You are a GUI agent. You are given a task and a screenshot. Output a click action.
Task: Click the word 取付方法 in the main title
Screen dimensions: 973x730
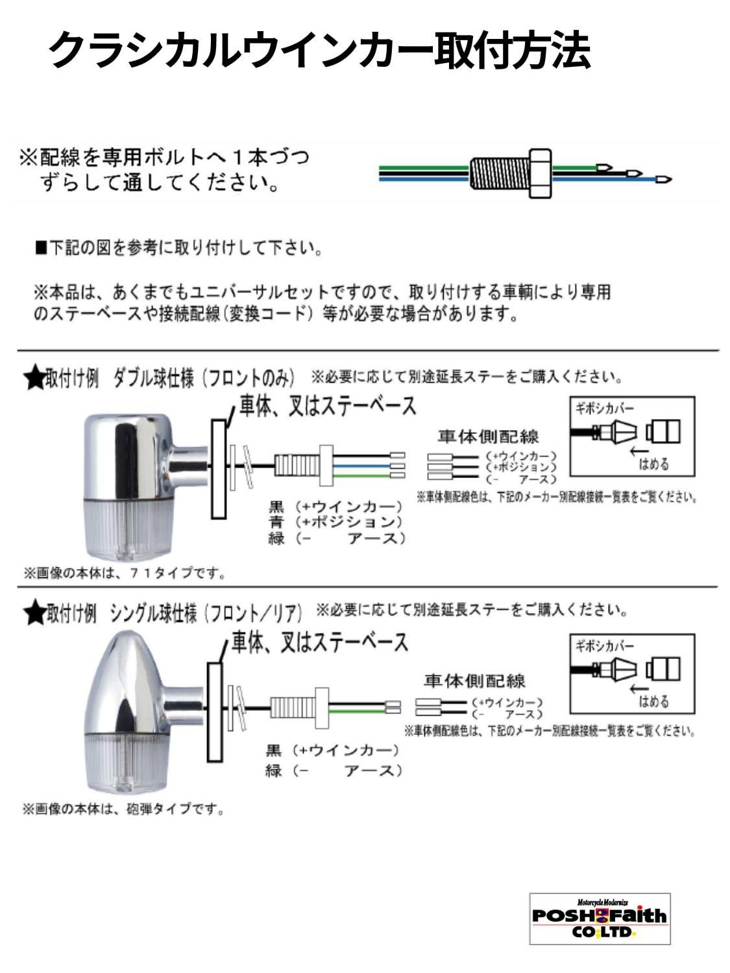(511, 51)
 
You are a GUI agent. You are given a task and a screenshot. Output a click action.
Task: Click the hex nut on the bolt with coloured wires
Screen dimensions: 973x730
(541, 173)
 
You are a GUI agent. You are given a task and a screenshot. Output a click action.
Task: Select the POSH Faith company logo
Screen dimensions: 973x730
(599, 918)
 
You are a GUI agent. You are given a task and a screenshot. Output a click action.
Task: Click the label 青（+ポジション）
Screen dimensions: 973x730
(335, 522)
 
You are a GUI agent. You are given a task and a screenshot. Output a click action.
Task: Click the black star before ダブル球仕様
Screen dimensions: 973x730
(33, 378)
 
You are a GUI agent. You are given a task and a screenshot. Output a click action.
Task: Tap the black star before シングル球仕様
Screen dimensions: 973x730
(33, 613)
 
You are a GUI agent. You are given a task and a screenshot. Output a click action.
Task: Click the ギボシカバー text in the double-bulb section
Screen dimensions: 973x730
(604, 409)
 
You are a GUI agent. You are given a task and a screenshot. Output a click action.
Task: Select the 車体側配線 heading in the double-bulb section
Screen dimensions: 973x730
(489, 437)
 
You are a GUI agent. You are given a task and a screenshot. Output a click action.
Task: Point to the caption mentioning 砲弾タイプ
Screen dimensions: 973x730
(123, 810)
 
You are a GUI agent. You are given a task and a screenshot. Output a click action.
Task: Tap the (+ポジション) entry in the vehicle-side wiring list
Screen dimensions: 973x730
(522, 467)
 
